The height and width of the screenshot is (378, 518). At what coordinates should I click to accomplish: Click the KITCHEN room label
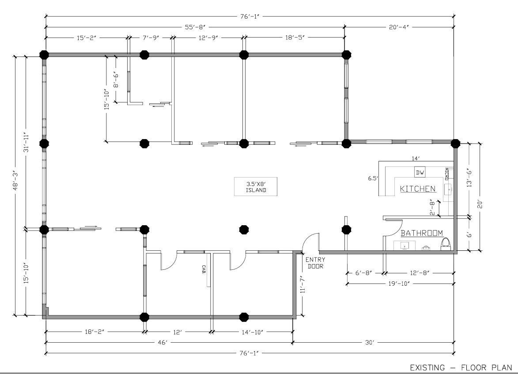(418, 189)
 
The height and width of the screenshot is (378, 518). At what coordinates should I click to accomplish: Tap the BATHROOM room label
(422, 233)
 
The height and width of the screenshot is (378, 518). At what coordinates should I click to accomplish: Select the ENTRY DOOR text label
(315, 263)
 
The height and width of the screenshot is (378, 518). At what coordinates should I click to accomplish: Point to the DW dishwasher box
(420, 172)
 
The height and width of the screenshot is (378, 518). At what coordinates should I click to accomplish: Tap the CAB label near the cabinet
(204, 269)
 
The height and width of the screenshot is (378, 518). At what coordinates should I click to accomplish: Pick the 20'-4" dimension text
(399, 27)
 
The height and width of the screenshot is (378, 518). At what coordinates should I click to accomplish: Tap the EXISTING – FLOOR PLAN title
(461, 367)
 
